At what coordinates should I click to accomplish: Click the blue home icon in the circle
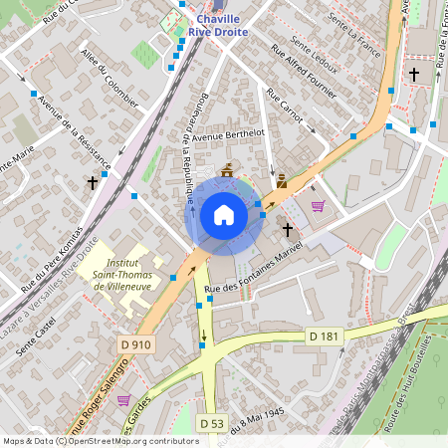click(x=224, y=214)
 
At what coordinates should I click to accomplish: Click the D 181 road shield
click(x=324, y=336)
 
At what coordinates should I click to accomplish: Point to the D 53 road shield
click(x=211, y=423)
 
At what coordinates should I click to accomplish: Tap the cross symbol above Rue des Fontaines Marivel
click(x=288, y=230)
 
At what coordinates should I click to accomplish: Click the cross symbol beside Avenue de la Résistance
click(x=93, y=183)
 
